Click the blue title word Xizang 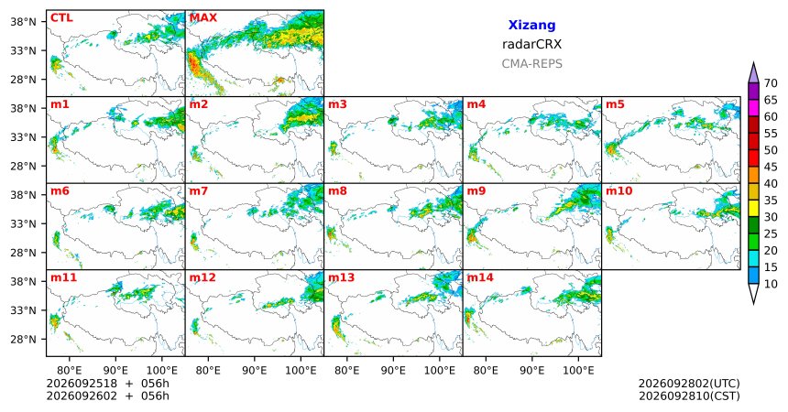point(531,25)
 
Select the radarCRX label point(531,44)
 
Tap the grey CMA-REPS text point(531,64)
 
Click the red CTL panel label point(61,18)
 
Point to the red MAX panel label point(203,18)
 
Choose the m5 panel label point(615,104)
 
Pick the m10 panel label point(619,191)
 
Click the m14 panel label point(480,277)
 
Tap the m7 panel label point(199,191)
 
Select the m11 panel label point(63,277)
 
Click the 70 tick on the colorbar point(771,83)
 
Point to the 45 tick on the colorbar point(771,167)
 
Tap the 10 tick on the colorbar point(771,284)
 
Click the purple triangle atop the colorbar point(753,73)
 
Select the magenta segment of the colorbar point(753,108)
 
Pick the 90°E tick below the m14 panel point(531,371)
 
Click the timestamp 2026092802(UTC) point(689,384)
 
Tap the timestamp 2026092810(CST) point(689,396)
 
